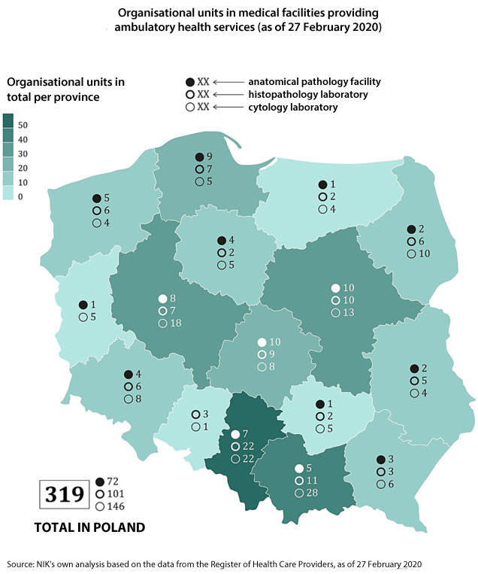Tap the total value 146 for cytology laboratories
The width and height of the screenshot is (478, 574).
117,506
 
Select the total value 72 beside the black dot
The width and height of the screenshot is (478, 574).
115,481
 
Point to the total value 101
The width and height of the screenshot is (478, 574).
117,494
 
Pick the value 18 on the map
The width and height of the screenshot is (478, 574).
176,323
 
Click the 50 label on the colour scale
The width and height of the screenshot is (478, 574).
23,124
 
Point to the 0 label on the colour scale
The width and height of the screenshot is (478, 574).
21,196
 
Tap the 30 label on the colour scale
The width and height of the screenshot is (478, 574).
23,153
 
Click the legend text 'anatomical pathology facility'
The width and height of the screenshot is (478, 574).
315,81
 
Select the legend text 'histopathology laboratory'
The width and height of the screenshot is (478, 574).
308,94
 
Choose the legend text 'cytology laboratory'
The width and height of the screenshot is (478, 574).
293,108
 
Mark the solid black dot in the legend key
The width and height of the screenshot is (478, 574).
190,81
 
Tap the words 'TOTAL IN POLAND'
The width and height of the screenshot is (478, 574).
89,528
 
